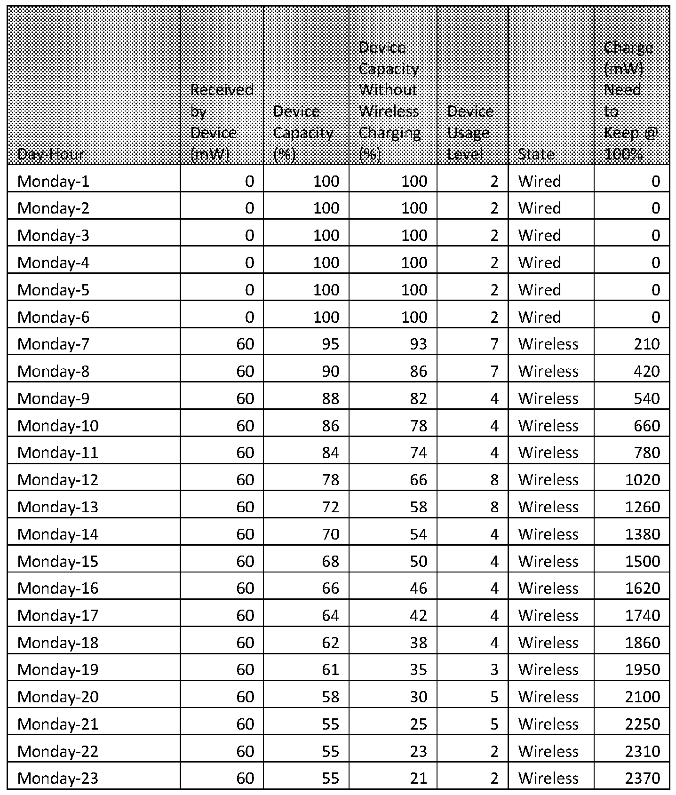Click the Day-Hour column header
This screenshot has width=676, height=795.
pos(50,154)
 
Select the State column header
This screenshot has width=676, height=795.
pos(536,154)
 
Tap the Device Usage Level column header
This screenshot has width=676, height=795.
pos(470,133)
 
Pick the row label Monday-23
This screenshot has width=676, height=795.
pos(58,778)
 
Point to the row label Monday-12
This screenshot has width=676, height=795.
pos(58,480)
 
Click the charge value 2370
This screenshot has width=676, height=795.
pos(642,778)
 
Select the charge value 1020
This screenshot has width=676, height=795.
pos(642,480)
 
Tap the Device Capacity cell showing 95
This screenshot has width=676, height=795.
pos(330,344)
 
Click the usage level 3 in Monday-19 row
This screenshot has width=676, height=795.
pos(494,669)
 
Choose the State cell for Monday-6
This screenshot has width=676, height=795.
pos(540,317)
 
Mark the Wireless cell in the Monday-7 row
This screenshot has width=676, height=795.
pos(548,344)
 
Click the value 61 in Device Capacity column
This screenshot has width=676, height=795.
pos(330,669)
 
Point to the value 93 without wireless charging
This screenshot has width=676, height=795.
pos(418,344)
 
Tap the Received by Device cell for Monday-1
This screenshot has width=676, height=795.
pos(249,182)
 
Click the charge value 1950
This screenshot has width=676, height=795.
pos(642,669)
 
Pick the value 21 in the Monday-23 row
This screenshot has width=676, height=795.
pos(418,778)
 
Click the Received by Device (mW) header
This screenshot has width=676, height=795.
pos(222,122)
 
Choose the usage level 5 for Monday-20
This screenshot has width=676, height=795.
pos(494,697)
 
